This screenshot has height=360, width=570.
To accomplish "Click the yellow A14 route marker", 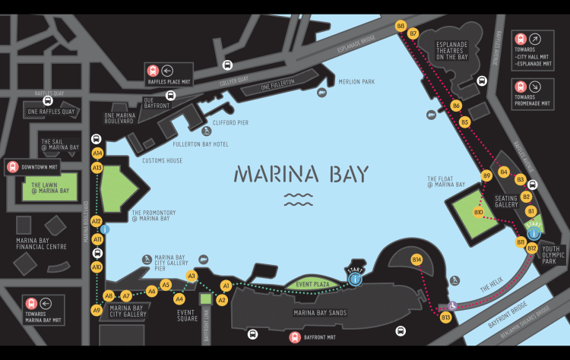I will click(x=97, y=153).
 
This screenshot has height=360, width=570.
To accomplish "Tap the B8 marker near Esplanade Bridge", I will click(x=401, y=26).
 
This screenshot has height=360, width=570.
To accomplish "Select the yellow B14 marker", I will click(x=416, y=260).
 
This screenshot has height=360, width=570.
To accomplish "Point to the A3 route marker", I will click(x=192, y=276).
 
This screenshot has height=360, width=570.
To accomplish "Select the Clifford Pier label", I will click(x=231, y=122).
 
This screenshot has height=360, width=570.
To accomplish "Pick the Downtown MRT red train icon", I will click(x=12, y=166).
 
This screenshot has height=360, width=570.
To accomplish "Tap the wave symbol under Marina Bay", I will click(x=298, y=199).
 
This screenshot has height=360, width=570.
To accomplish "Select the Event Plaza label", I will click(x=312, y=284).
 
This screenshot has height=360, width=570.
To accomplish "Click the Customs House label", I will click(x=162, y=160).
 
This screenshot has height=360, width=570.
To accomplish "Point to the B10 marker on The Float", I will click(x=479, y=212).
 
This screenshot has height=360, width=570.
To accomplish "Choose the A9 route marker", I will click(x=97, y=310).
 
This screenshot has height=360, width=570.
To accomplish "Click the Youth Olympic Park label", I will click(x=554, y=254).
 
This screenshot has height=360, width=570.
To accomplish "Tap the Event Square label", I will click(x=186, y=315).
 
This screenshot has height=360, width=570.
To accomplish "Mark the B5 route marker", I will click(x=465, y=122).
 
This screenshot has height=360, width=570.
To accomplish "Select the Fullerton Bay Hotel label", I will click(x=201, y=144).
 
